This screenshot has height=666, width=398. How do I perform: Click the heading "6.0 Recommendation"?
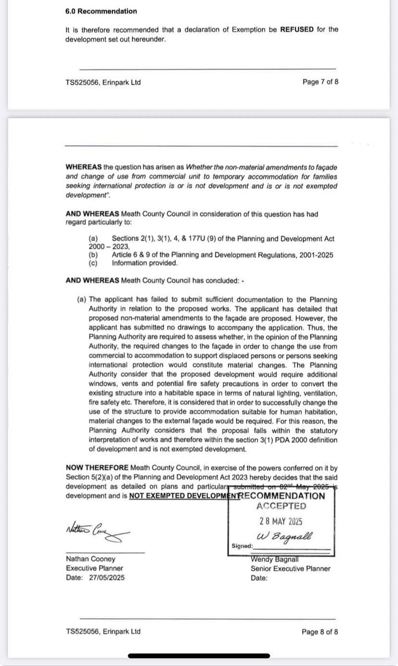(101, 11)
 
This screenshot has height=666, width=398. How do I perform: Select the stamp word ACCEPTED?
(282, 506)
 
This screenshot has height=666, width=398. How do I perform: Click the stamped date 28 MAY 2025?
(282, 522)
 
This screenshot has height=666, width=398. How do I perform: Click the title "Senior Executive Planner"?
(291, 568)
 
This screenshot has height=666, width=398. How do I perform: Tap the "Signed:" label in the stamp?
(242, 546)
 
